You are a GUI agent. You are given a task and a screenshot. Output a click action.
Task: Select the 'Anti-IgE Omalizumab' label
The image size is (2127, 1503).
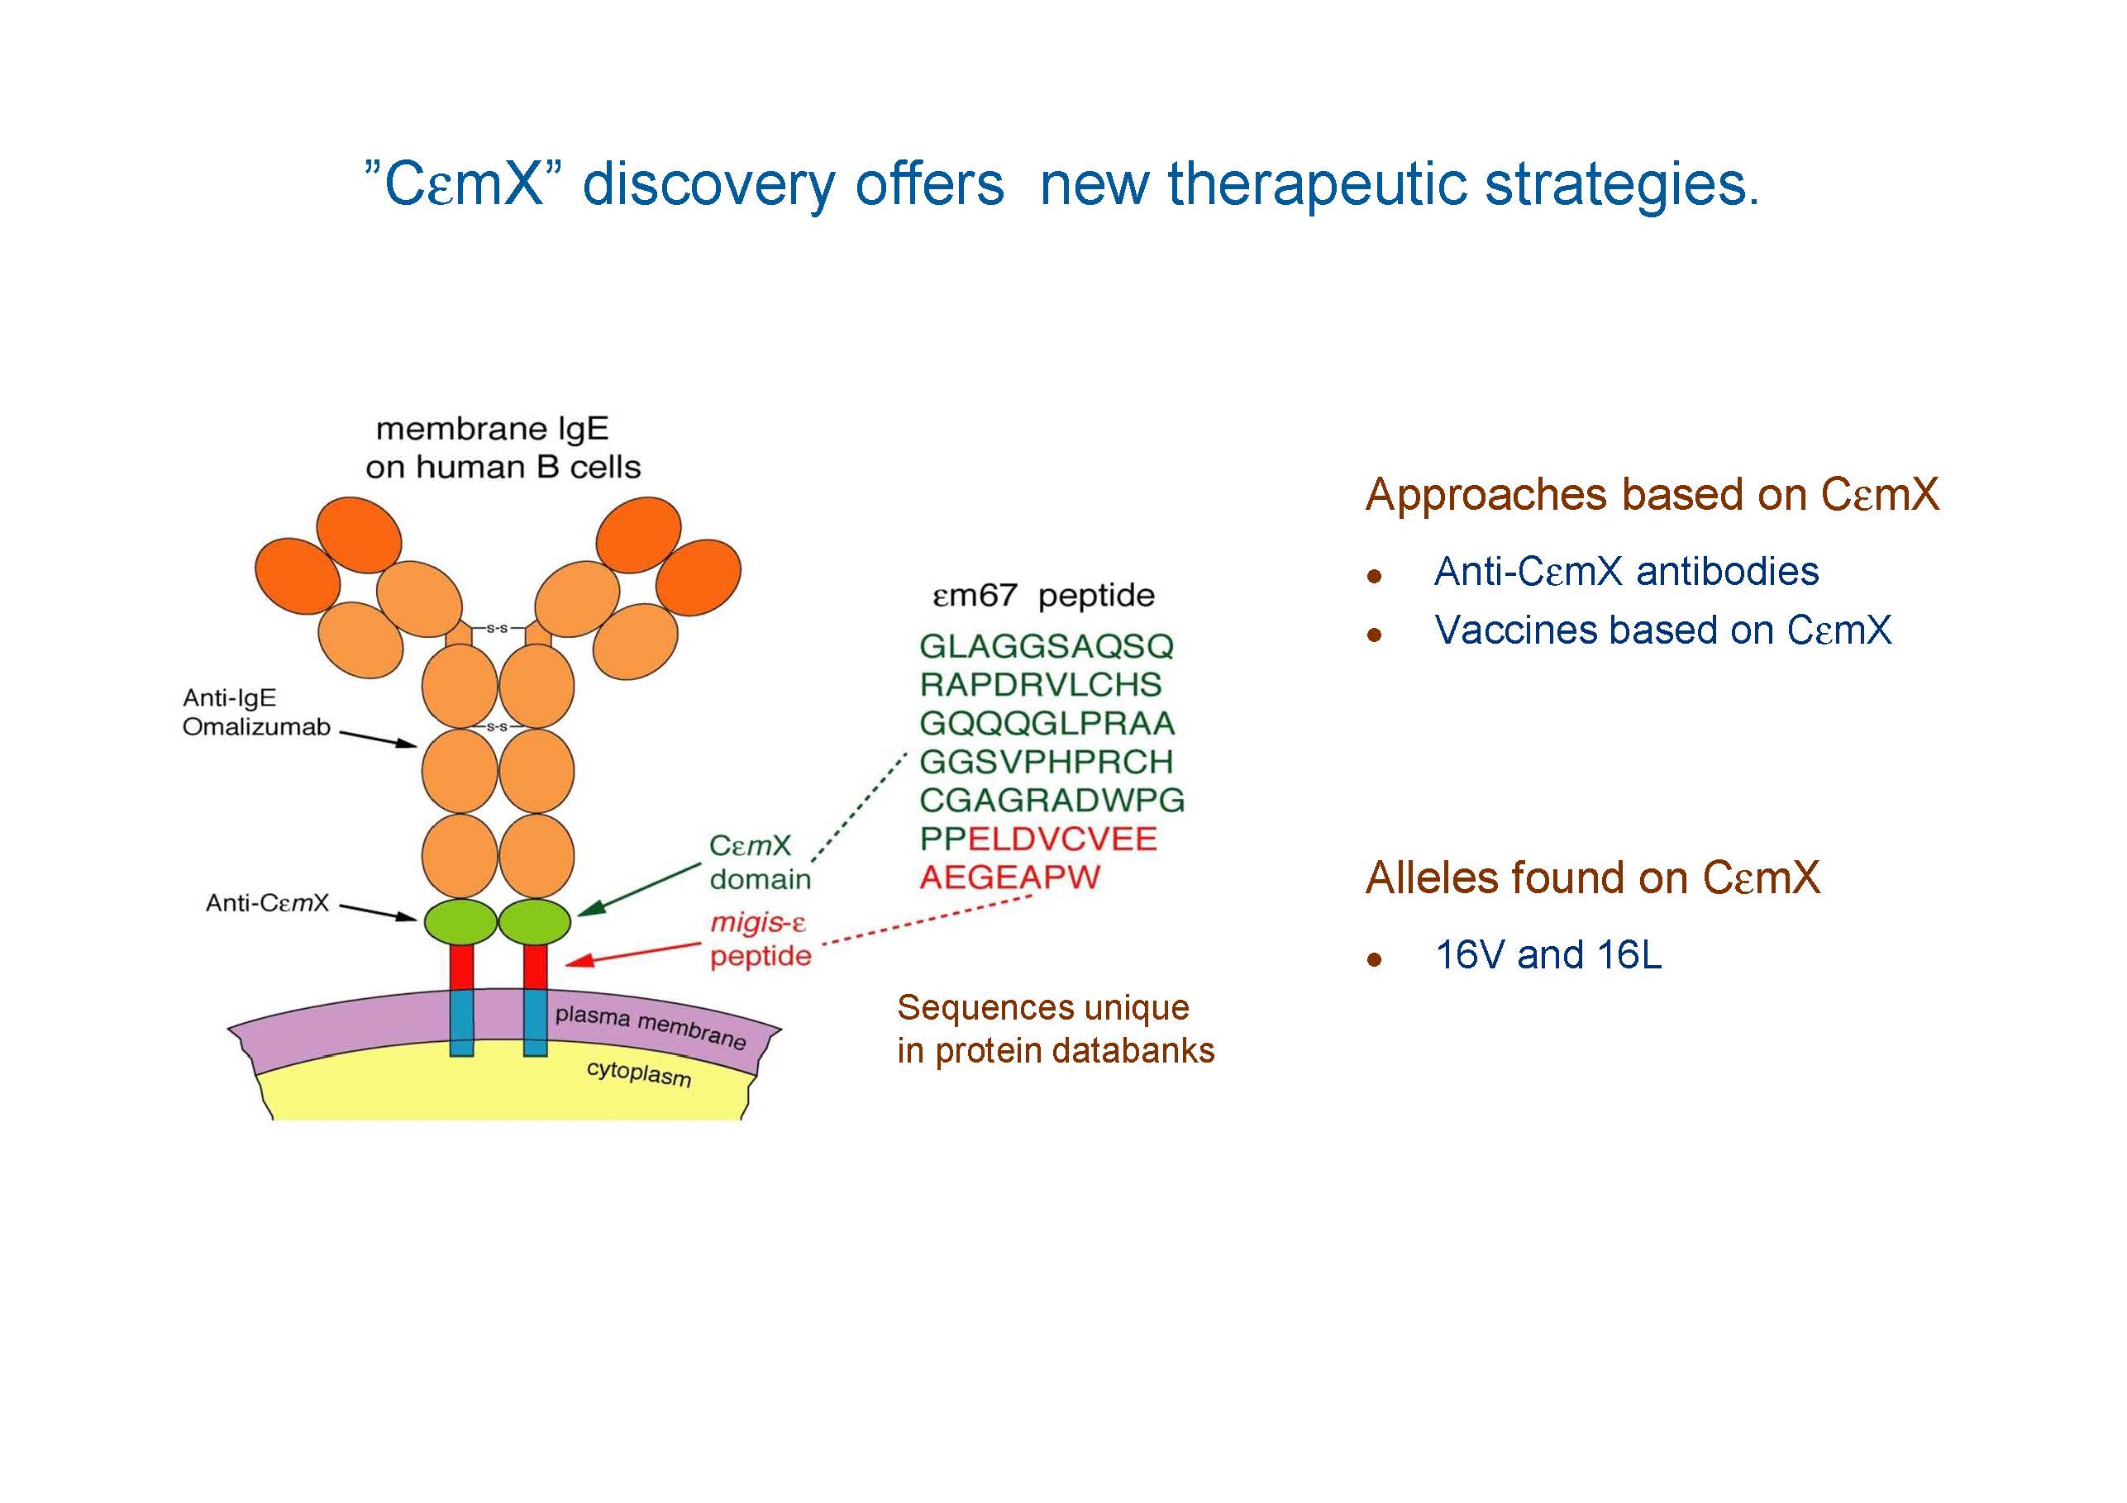coord(255,712)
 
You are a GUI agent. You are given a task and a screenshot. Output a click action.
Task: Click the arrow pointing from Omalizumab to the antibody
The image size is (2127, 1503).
coord(378,738)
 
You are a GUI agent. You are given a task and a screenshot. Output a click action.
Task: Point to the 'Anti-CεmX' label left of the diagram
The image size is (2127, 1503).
coord(267,903)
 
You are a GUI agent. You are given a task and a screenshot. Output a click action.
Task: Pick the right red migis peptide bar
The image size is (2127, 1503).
coord(535,966)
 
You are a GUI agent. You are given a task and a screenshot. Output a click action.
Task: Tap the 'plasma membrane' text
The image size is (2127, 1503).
coord(651,1026)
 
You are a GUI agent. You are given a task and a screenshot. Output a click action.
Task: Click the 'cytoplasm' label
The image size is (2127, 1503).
coord(638,1073)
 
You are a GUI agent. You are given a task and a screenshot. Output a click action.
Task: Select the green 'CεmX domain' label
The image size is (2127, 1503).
coord(759,862)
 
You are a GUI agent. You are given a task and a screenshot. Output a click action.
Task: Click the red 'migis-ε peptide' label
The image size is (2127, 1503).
coord(760,939)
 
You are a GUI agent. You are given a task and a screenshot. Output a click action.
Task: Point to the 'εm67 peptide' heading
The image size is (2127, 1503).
coord(1043,596)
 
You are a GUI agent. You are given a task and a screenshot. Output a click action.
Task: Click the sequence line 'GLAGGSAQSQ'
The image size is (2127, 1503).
coord(1046,646)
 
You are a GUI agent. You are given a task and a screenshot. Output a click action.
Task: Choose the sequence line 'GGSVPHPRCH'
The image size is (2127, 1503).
coord(1046,762)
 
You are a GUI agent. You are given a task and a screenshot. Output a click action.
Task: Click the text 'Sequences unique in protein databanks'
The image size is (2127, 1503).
coord(1055,1029)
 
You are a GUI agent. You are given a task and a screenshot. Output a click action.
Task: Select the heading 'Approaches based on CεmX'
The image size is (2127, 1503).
coord(1652,494)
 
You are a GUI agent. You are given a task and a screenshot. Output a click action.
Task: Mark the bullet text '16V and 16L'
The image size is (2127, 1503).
coord(1548,955)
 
